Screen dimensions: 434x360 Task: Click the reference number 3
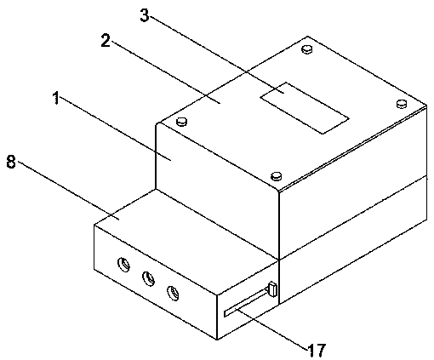(145, 15)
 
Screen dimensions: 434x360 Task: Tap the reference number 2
(106, 41)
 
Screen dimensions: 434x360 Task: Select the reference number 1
(56, 98)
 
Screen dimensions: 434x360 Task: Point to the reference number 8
(11, 163)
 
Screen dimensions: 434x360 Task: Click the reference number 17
(317, 350)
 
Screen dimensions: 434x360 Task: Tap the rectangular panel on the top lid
(305, 108)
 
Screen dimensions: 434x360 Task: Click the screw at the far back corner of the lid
(307, 49)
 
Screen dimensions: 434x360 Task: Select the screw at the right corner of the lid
(402, 104)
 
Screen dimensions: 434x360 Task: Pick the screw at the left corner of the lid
(182, 122)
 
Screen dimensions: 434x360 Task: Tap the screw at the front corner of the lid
(276, 176)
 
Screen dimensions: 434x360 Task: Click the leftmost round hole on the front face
(123, 265)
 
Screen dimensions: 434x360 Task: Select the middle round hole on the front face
(148, 278)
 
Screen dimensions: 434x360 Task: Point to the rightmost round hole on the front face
(173, 293)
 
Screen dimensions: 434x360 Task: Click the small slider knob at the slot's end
(272, 289)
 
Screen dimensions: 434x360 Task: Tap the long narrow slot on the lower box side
(246, 302)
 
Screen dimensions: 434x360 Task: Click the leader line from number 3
(217, 54)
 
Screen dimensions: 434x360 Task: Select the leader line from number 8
(69, 190)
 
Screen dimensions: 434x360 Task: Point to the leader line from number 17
(272, 329)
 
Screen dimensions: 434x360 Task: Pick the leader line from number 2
(165, 72)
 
